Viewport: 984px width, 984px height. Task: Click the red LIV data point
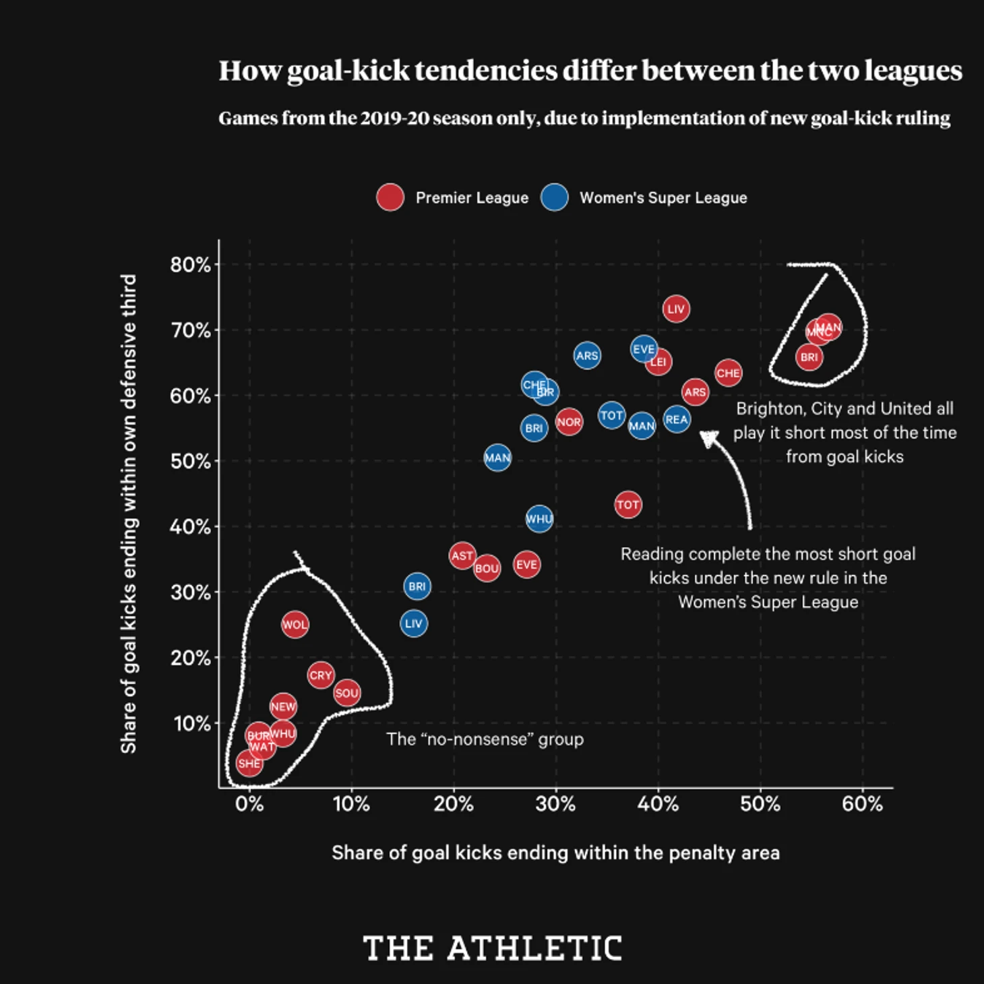pyautogui.click(x=675, y=309)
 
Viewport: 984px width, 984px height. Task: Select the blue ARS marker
pyautogui.click(x=587, y=356)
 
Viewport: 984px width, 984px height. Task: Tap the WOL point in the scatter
pyautogui.click(x=295, y=625)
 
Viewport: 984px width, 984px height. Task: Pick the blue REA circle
pyautogui.click(x=677, y=419)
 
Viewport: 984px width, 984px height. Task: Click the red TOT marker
pyautogui.click(x=627, y=505)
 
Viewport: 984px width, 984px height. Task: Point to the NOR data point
pyautogui.click(x=569, y=422)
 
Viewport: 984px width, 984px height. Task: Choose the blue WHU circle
pyautogui.click(x=539, y=519)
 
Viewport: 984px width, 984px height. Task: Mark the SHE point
pyautogui.click(x=249, y=764)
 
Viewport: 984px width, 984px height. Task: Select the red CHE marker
pyautogui.click(x=728, y=373)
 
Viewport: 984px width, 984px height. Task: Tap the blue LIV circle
pyautogui.click(x=414, y=623)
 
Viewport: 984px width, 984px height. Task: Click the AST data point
pyautogui.click(x=462, y=556)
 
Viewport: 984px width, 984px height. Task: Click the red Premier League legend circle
pyautogui.click(x=390, y=197)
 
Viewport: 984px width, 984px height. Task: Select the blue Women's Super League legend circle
pyautogui.click(x=554, y=197)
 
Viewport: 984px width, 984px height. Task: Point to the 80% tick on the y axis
pyautogui.click(x=191, y=265)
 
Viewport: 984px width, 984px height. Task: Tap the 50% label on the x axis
pyautogui.click(x=760, y=804)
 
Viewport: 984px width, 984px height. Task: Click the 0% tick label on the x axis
pyautogui.click(x=249, y=804)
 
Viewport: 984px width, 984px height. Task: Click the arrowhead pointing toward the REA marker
pyautogui.click(x=708, y=439)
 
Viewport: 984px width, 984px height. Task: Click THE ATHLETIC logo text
pyautogui.click(x=492, y=948)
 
